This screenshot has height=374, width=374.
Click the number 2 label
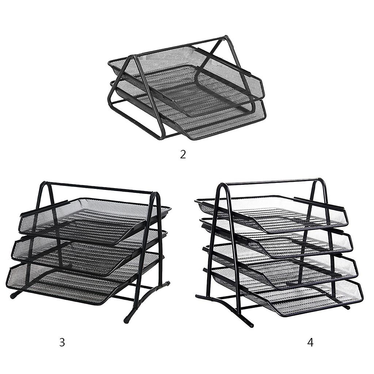[183, 154]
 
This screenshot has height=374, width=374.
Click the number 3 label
[62, 342]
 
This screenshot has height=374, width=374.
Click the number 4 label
[310, 342]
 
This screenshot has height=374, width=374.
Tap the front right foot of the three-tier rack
[127, 321]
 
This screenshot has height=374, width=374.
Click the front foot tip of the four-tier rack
[250, 325]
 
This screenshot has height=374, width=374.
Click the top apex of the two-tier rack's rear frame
[226, 37]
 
